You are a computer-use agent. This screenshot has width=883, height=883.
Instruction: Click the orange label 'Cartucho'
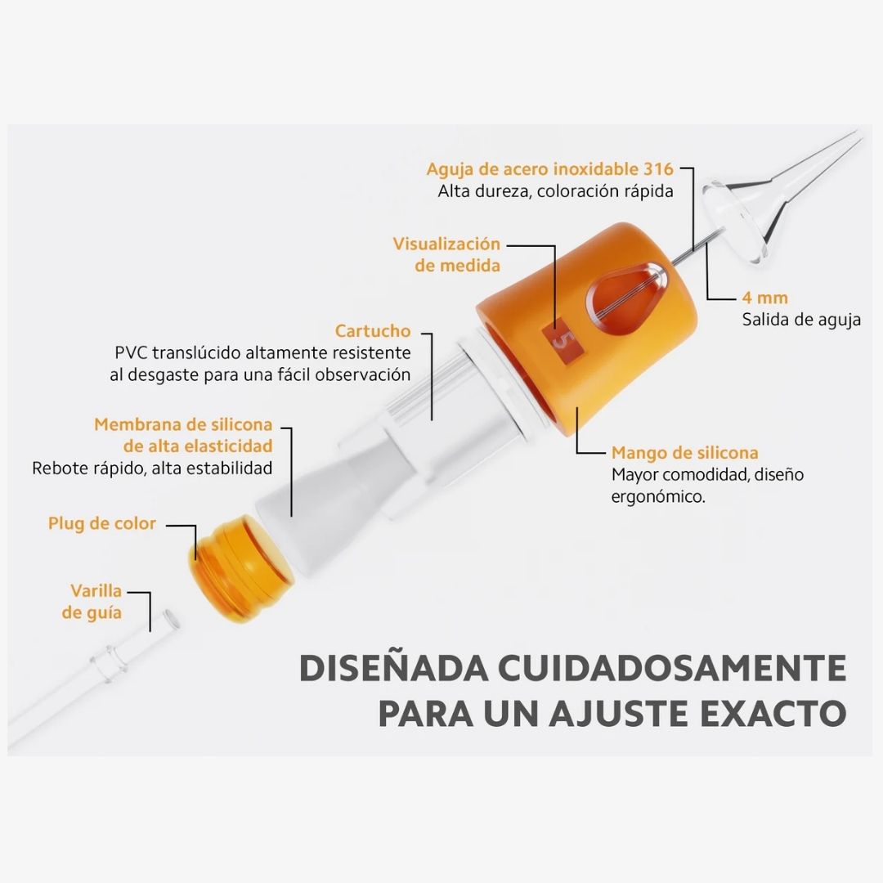pyautogui.click(x=372, y=330)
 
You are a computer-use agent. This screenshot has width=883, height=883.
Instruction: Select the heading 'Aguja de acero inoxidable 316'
pyautogui.click(x=549, y=169)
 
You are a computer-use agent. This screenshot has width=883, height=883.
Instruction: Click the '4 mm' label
pyautogui.click(x=764, y=298)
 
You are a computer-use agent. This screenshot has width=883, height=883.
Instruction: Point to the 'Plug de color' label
pyautogui.click(x=102, y=523)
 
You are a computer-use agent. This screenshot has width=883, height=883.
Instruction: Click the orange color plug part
pyautogui.click(x=240, y=569)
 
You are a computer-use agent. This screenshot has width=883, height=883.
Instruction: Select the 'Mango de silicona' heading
pyautogui.click(x=685, y=453)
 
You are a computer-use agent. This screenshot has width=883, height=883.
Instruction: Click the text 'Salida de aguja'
pyautogui.click(x=801, y=320)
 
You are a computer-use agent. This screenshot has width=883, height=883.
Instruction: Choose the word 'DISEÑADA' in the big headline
pyautogui.click(x=393, y=669)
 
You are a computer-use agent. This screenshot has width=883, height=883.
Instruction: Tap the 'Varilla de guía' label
pyautogui.click(x=92, y=602)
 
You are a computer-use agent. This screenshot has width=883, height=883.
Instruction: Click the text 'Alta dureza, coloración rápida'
pyautogui.click(x=555, y=191)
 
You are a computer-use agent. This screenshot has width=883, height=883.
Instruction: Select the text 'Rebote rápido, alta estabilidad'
pyautogui.click(x=152, y=468)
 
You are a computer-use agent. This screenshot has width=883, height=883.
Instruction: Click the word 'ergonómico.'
pyautogui.click(x=658, y=497)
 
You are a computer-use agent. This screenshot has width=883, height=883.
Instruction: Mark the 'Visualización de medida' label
pyautogui.click(x=446, y=254)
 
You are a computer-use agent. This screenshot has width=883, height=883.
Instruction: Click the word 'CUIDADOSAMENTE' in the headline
pyautogui.click(x=672, y=669)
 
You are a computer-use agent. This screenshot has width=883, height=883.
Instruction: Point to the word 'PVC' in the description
pyautogui.click(x=131, y=352)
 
